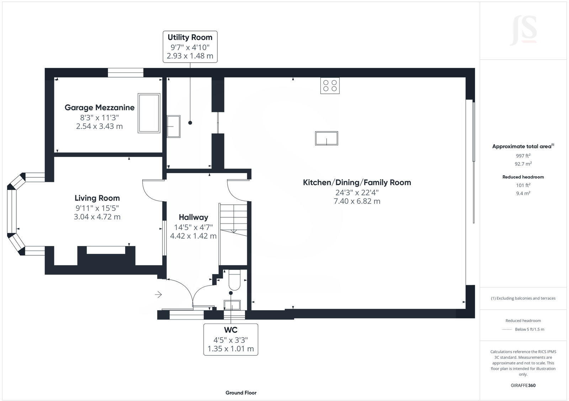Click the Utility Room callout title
(x=190, y=37)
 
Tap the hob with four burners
(x=330, y=85)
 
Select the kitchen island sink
(x=326, y=138)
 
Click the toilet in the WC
(x=234, y=280)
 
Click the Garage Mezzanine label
(x=100, y=107)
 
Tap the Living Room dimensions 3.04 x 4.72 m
(x=97, y=217)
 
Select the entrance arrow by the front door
(x=158, y=294)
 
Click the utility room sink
(x=174, y=126)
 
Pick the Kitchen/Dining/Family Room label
(x=357, y=182)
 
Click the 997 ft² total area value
(x=523, y=156)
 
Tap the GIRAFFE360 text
(x=523, y=385)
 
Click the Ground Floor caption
(x=241, y=393)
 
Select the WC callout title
(x=230, y=330)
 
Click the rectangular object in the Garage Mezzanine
(x=149, y=113)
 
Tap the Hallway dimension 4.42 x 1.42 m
(x=193, y=236)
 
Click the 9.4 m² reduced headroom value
(x=523, y=193)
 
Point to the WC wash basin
(x=232, y=305)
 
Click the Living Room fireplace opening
(x=106, y=250)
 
